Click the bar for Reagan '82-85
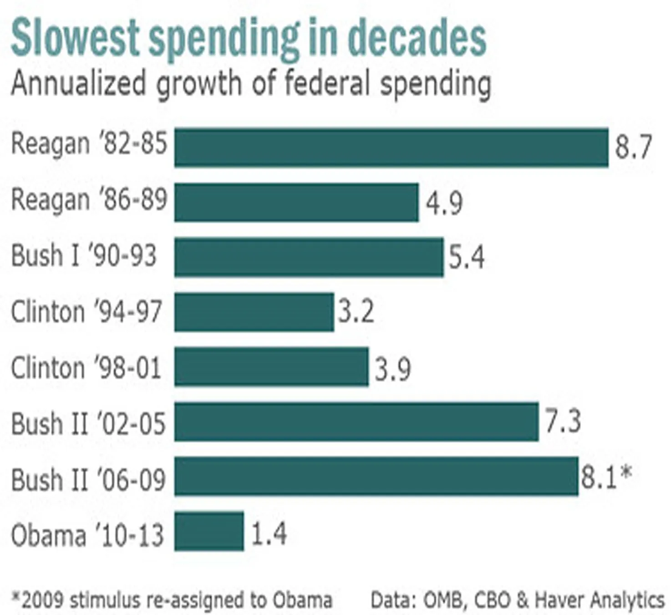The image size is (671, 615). tap(391, 148)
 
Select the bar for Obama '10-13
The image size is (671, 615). tap(209, 532)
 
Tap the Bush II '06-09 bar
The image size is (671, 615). tap(376, 476)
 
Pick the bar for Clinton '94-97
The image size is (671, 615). tap(254, 312)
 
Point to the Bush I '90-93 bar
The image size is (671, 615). tap(309, 257)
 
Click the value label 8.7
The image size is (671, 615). tap(633, 147)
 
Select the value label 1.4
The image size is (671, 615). tap(269, 533)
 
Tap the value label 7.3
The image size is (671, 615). tap(563, 422)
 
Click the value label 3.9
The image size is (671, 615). tap(392, 369)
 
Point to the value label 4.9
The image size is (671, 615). tap(444, 203)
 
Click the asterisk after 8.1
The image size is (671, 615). tap(626, 473)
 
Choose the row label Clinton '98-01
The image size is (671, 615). tap(86, 368)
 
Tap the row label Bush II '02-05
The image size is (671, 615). tap(88, 424)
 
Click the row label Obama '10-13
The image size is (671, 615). tap(87, 535)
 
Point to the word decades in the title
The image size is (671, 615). tap(417, 38)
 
